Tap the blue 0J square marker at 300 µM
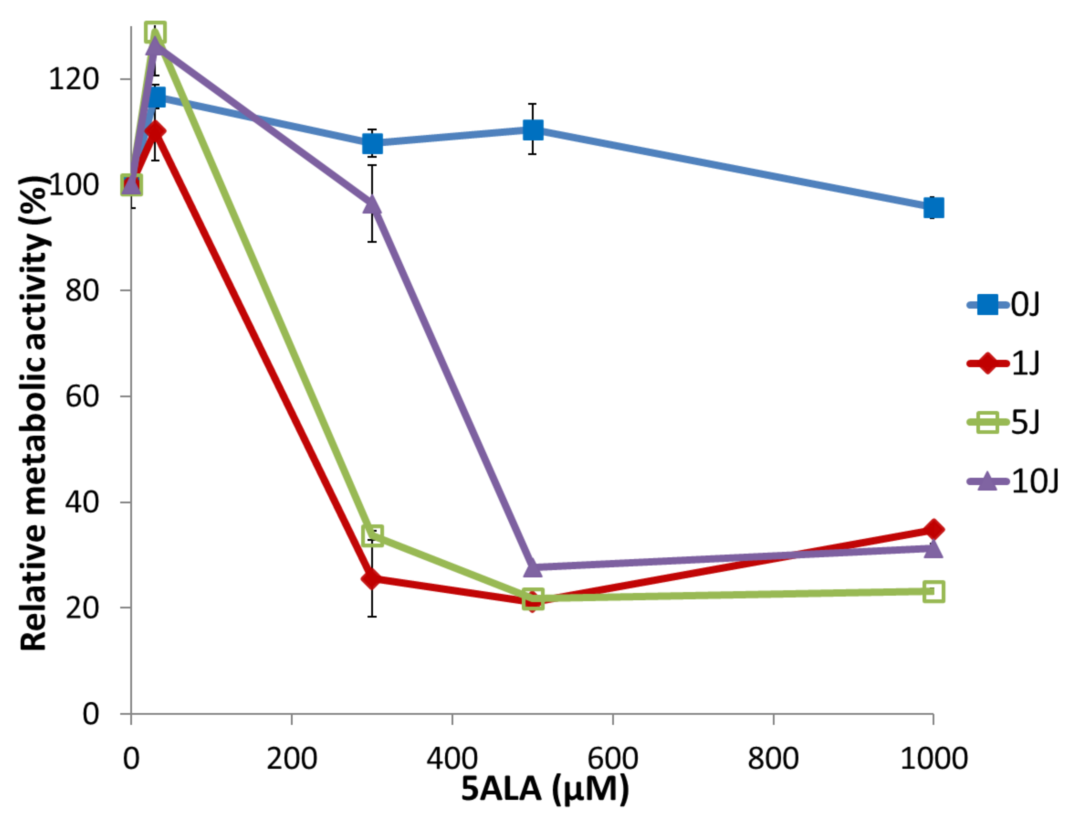click(x=372, y=144)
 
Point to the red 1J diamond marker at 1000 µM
click(x=933, y=530)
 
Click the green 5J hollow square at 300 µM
click(x=372, y=534)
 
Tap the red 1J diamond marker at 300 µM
click(x=372, y=579)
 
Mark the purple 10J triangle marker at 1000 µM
click(x=933, y=549)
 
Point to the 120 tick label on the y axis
click(x=74, y=79)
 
